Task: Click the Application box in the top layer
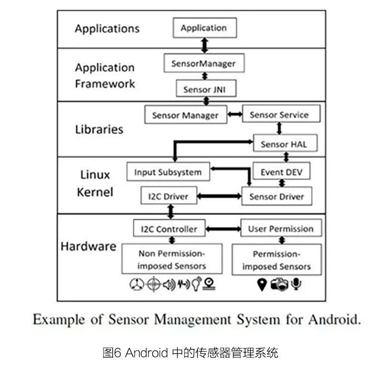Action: point(205,28)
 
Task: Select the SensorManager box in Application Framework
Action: point(204,63)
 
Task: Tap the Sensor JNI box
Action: point(206,88)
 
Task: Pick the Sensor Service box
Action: point(281,114)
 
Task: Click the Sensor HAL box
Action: point(286,143)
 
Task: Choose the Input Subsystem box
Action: point(168,171)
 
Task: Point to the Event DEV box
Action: point(282,171)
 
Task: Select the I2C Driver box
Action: point(169,195)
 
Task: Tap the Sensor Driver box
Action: point(277,196)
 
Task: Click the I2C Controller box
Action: point(169,228)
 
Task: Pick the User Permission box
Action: point(281,228)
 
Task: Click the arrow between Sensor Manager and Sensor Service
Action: point(235,114)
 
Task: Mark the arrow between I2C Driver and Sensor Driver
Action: point(219,196)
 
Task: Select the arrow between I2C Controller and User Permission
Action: point(223,229)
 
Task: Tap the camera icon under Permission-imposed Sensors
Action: point(279,284)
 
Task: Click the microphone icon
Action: point(296,284)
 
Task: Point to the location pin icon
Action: point(262,285)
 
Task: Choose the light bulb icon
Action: point(196,284)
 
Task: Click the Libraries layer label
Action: point(99,129)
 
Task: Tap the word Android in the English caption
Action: point(334,320)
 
